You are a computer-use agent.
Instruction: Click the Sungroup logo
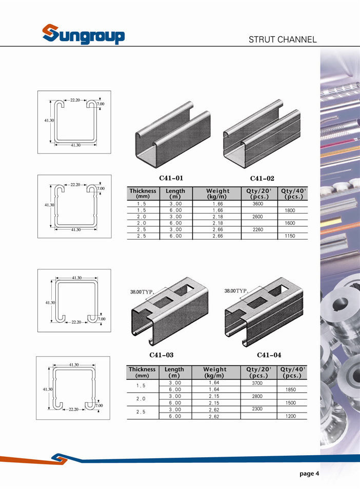[84, 34]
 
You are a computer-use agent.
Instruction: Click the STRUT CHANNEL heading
[283, 40]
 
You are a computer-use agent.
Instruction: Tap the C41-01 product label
[171, 178]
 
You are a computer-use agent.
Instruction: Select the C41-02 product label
[262, 179]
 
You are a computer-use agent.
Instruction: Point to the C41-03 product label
[162, 355]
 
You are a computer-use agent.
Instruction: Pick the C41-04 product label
[269, 355]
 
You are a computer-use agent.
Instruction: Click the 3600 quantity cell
[258, 204]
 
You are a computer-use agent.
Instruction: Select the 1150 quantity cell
[290, 236]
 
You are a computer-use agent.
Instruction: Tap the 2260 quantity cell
[258, 229]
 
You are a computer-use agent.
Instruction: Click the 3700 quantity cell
[257, 383]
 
